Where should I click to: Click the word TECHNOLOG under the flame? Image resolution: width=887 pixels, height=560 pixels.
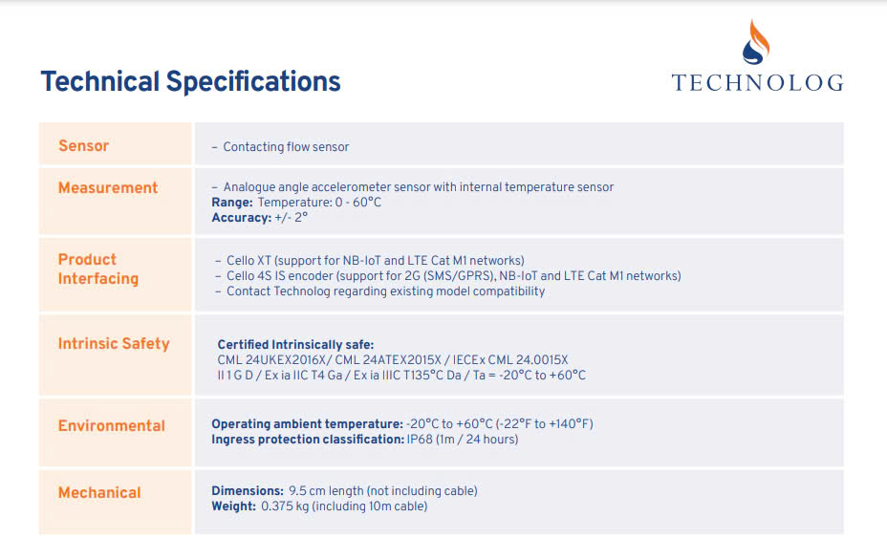pos(757,82)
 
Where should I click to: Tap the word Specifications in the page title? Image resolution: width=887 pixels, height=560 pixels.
pos(253,82)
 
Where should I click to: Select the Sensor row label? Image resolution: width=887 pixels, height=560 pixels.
pos(84,146)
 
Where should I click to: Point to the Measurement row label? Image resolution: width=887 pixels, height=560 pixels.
pos(108,188)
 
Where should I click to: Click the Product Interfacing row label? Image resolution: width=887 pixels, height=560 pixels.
pos(98,269)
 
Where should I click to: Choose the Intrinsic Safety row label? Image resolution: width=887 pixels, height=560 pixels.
pos(114,344)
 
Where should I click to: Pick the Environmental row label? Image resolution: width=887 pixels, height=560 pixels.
pos(112,426)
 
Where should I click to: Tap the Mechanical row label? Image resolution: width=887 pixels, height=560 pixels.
pos(99,493)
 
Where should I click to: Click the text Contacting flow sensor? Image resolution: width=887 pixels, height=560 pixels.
pos(286,147)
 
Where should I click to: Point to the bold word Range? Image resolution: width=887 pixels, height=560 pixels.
pos(232,203)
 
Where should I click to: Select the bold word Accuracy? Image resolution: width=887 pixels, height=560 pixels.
pos(242,218)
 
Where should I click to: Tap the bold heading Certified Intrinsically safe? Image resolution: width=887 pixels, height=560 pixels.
pos(295,345)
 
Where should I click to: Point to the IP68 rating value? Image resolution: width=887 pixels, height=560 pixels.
pos(420,440)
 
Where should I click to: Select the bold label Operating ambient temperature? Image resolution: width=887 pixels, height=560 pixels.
pos(307,424)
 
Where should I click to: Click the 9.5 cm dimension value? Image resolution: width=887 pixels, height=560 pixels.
pos(307,491)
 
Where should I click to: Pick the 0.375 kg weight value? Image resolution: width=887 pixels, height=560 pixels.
pos(285,506)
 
